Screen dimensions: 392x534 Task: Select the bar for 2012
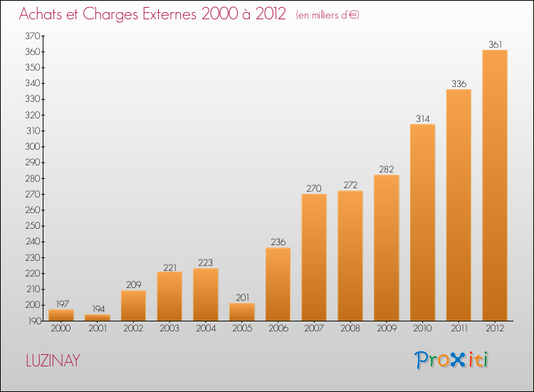495,185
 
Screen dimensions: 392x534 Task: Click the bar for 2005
242,312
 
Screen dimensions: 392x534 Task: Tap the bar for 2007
314,257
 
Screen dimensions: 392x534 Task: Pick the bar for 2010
422,222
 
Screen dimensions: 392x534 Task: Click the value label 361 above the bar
495,44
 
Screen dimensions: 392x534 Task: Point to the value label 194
97,309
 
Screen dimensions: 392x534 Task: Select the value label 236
278,242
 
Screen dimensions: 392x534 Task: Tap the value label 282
387,169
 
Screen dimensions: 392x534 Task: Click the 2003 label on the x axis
169,329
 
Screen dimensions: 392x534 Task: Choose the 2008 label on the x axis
350,329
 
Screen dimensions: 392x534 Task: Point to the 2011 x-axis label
459,329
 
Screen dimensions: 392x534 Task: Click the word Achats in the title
42,14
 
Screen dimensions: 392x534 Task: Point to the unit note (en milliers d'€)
327,15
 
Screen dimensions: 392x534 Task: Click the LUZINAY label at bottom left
53,361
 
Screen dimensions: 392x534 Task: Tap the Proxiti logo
452,360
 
